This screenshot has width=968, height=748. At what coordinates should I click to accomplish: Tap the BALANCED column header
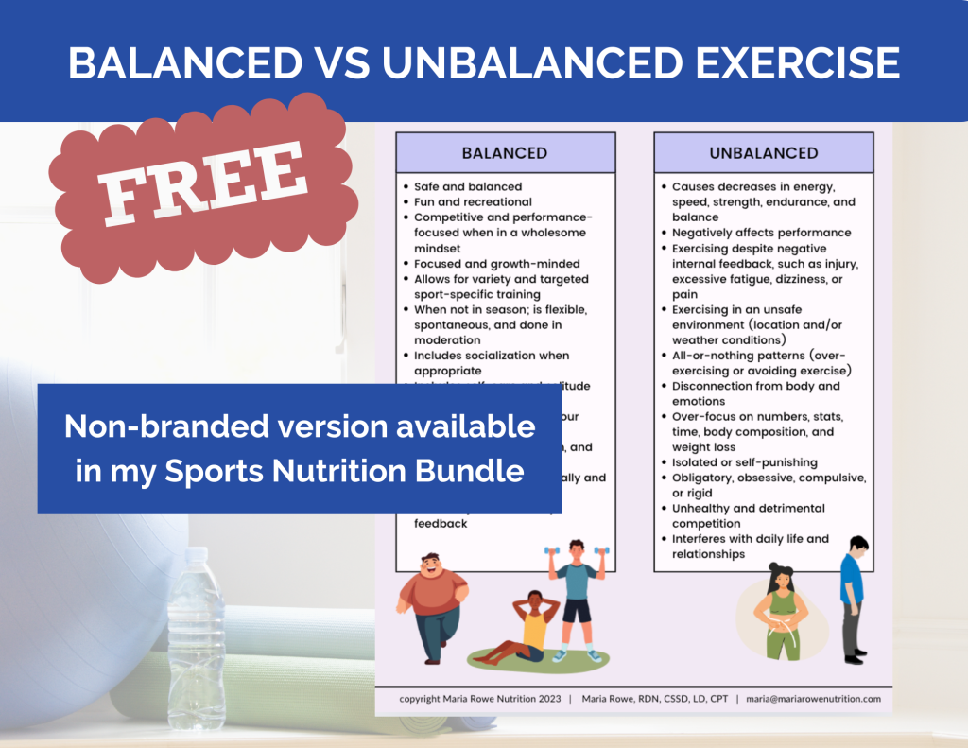[504, 152]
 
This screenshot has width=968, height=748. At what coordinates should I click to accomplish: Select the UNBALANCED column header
[763, 152]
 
